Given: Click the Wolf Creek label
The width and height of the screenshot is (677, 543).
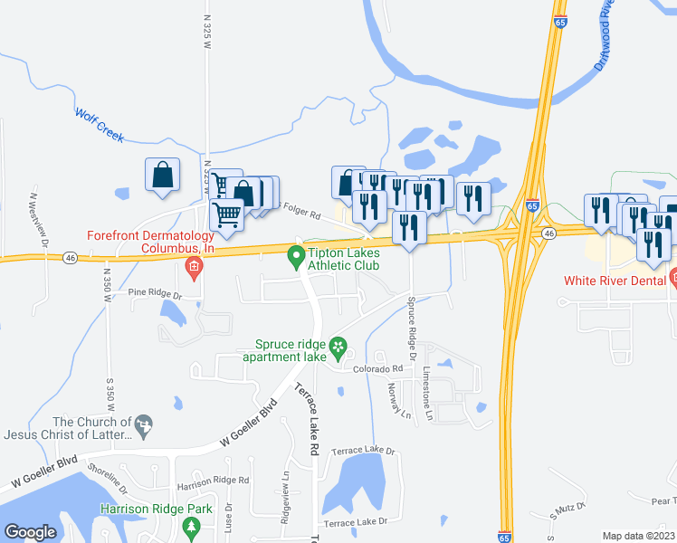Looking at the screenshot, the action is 99,125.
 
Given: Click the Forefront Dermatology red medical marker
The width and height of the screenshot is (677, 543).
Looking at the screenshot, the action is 192,266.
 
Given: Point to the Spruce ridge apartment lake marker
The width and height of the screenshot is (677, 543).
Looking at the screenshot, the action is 338,347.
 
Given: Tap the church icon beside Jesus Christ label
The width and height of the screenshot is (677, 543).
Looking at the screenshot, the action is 142,423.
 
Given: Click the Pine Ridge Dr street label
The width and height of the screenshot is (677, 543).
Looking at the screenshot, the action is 155,292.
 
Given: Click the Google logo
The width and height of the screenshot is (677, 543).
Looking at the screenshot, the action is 30,532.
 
